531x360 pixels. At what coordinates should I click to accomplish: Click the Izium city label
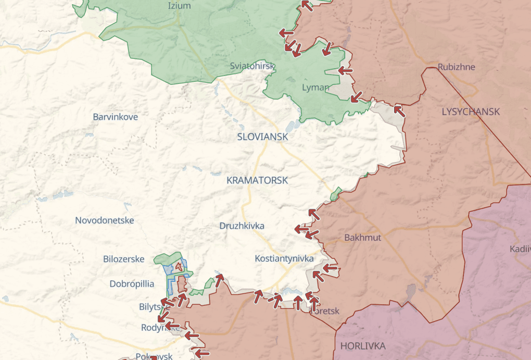tap(179, 6)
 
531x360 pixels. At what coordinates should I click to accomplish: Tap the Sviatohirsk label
tap(252, 66)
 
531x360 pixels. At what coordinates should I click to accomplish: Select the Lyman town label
tap(315, 88)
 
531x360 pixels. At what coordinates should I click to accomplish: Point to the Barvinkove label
tap(116, 117)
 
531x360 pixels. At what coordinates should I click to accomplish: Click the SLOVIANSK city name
tap(262, 136)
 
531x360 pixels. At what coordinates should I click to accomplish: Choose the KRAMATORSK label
tap(257, 180)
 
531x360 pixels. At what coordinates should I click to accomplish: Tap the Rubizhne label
tap(457, 67)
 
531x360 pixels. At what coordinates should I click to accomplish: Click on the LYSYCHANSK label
tap(471, 111)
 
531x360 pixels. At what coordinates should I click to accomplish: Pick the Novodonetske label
tap(105, 220)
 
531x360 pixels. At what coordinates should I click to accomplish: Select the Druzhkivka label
tap(242, 226)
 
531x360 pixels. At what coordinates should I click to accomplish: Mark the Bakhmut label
tap(363, 238)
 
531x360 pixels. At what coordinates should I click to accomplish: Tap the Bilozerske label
tap(124, 259)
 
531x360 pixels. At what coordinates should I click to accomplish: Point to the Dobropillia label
tap(132, 284)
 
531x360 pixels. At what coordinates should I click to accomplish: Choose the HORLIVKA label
tap(363, 346)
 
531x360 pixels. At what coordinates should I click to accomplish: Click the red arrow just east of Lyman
tap(345, 70)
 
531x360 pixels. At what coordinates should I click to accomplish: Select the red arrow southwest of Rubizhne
tap(399, 110)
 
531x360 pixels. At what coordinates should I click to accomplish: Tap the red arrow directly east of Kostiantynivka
tap(330, 268)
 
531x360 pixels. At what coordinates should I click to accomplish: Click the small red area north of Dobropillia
tap(180, 266)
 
